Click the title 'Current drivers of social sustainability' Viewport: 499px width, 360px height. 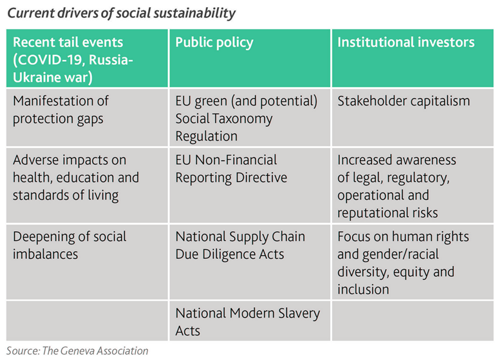(121, 14)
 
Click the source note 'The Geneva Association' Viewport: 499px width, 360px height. (95, 351)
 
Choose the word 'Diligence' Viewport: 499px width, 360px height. (229, 254)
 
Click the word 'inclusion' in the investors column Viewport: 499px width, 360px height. (363, 289)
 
